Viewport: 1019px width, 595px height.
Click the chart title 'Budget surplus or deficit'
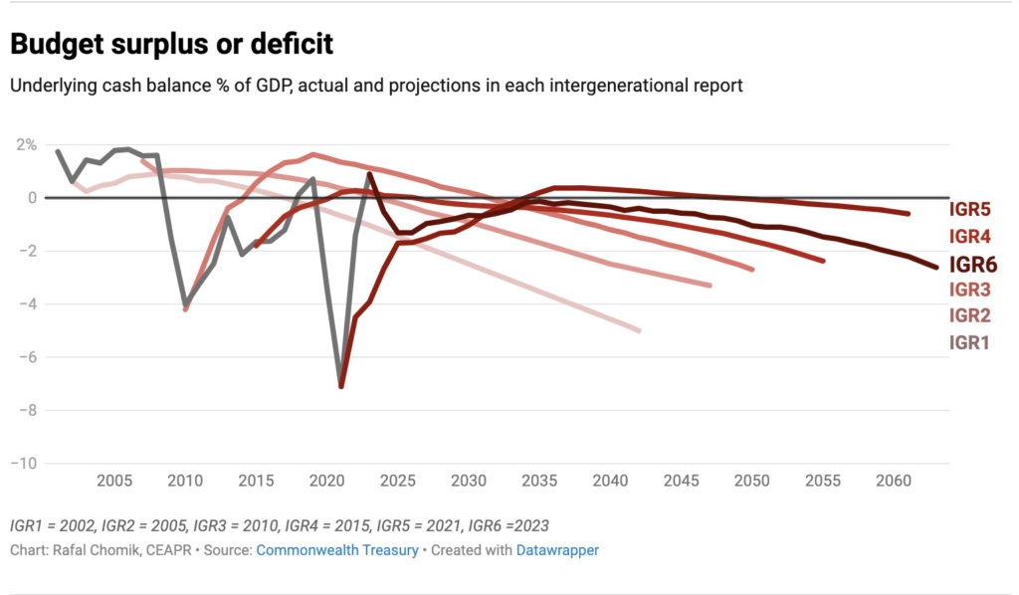pyautogui.click(x=171, y=45)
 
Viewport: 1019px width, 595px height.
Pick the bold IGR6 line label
pyautogui.click(x=973, y=264)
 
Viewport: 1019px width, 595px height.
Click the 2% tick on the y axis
pyautogui.click(x=24, y=145)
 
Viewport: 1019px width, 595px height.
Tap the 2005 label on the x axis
pyautogui.click(x=114, y=482)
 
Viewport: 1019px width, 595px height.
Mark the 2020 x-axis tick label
pyautogui.click(x=327, y=482)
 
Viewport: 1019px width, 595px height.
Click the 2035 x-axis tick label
pyautogui.click(x=539, y=482)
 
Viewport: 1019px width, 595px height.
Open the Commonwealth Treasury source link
pyautogui.click(x=337, y=549)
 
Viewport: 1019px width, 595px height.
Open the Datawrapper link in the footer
pyautogui.click(x=557, y=549)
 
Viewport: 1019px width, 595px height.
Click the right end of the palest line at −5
pyautogui.click(x=639, y=330)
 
